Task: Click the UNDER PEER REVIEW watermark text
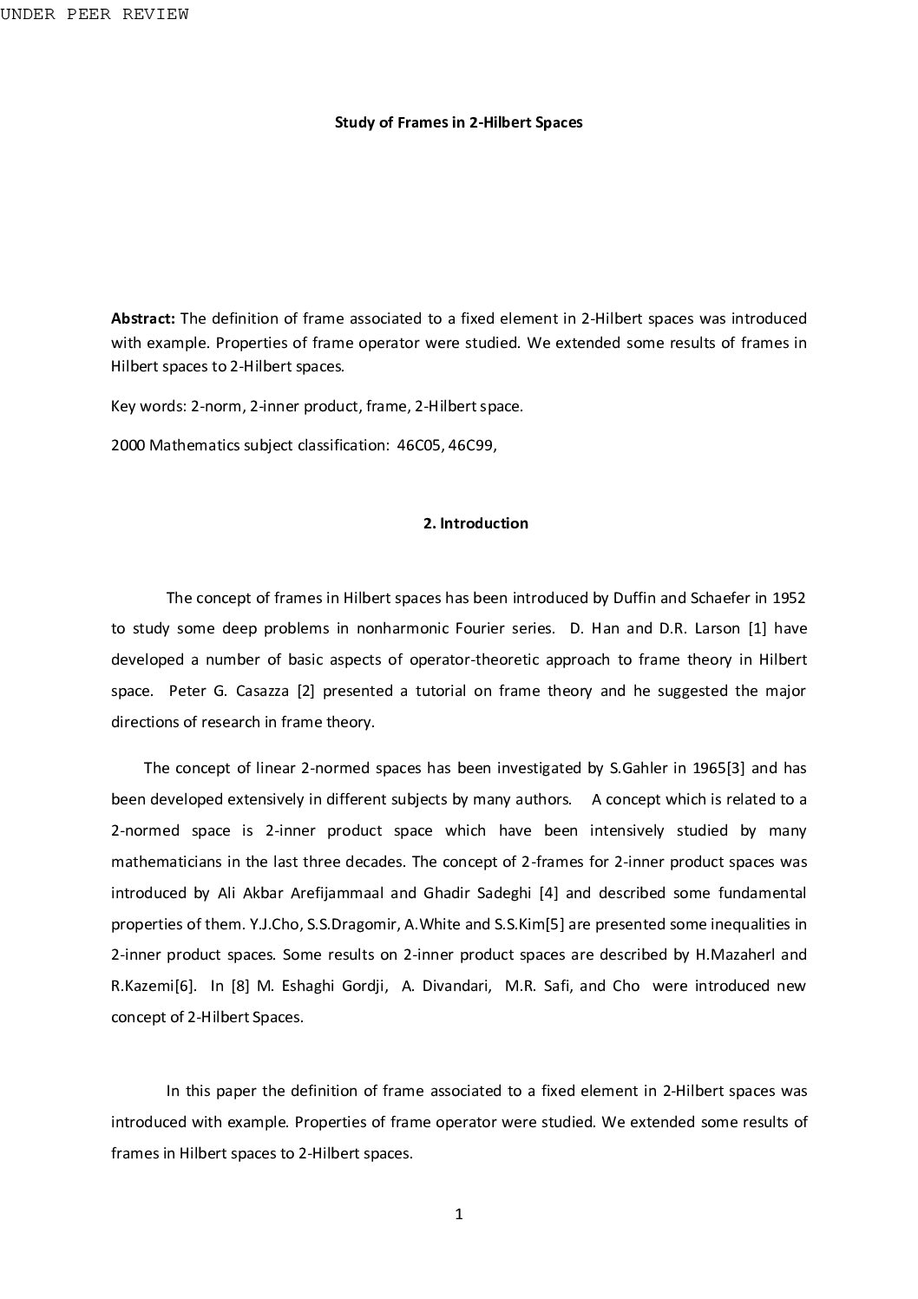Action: click(95, 14)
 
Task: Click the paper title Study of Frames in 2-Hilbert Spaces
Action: click(458, 122)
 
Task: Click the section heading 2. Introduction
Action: click(475, 523)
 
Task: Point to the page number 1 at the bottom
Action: click(459, 1215)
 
